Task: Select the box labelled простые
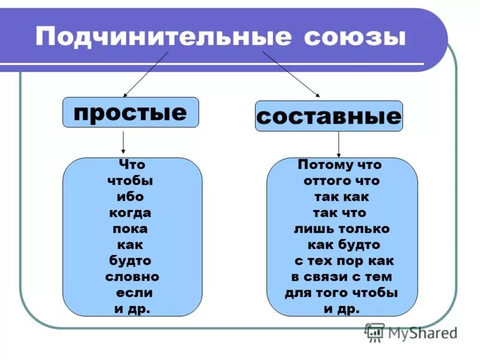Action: (130, 112)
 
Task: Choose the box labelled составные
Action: (329, 116)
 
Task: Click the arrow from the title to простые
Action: (146, 74)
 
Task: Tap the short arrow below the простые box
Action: (123, 142)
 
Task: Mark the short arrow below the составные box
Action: (338, 145)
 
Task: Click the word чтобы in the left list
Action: (130, 181)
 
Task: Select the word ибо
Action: (130, 197)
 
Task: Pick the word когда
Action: (130, 213)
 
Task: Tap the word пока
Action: (130, 229)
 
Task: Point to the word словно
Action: (132, 277)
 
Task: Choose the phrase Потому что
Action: (340, 164)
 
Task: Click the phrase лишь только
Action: (341, 229)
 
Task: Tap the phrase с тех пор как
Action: (344, 261)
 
